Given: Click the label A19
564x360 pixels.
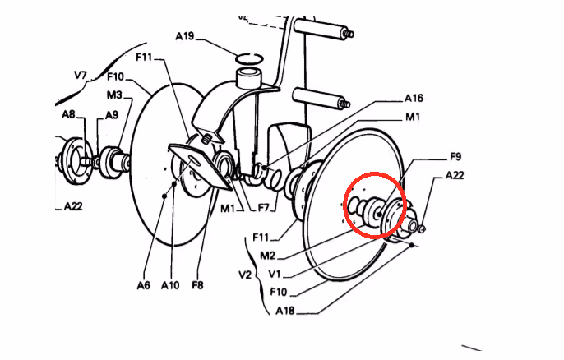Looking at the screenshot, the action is coord(184,36).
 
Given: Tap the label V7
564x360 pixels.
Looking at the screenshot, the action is coord(81,75).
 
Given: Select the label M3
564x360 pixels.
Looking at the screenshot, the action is coord(114,95).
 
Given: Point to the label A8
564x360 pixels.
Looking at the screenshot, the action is coord(68,114).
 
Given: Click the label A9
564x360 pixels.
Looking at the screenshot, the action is coord(112,115).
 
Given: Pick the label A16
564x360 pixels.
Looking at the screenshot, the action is coord(414,98).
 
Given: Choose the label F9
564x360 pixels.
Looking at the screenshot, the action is coord(455,157).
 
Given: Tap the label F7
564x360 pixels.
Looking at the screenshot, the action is coord(264,207).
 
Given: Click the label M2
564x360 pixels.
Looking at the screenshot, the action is coord(267,256).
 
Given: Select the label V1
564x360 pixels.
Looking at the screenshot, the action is coord(274,274).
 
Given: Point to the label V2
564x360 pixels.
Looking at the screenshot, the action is coord(245,275).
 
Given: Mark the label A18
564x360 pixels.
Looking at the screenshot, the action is coord(284,311).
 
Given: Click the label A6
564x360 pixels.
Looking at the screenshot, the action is coord(143,285).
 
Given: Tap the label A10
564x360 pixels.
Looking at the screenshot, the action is coord(169,285).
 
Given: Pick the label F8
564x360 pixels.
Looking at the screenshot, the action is coord(197,285).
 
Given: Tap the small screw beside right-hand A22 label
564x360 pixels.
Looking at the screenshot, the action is coord(423,228).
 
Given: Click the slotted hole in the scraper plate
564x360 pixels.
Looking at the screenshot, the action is coord(194,160).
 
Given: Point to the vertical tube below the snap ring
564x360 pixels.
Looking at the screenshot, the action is coord(249,79).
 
